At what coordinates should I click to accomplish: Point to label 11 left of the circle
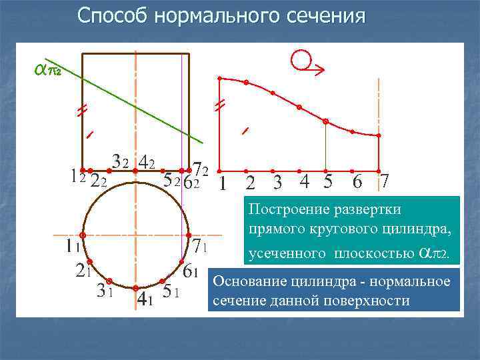coord(73,247)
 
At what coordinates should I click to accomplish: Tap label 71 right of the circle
coord(201,247)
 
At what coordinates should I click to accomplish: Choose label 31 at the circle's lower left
coord(104,291)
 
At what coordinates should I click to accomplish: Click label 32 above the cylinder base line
coord(121,161)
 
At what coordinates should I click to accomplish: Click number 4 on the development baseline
coord(304,181)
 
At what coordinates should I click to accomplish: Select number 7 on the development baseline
coord(383,181)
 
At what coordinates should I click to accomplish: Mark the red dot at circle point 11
coord(82,235)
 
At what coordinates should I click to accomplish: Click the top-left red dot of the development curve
coord(221,79)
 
